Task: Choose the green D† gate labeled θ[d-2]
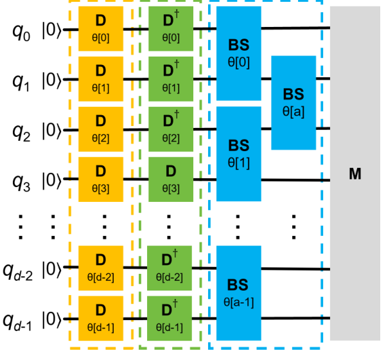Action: [x=170, y=267]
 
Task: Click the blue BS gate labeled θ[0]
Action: [x=238, y=54]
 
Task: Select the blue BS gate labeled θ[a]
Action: [x=294, y=103]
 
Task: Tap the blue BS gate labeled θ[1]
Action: [x=238, y=152]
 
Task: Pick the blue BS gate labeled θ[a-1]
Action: [x=238, y=292]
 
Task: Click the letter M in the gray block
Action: [x=355, y=174]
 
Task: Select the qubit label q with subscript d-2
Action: [x=23, y=268]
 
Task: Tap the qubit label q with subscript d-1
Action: [x=23, y=318]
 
